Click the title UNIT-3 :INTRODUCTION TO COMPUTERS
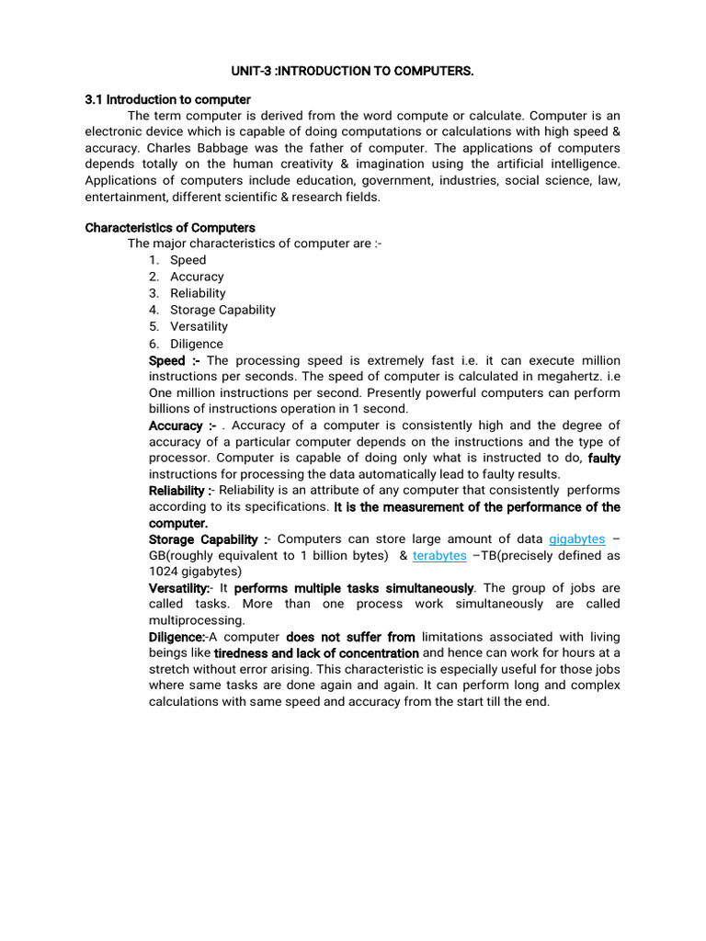point(353,71)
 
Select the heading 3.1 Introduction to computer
point(167,99)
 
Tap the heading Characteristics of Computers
point(170,227)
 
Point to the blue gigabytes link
point(576,539)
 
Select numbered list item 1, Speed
point(188,260)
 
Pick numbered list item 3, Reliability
point(198,293)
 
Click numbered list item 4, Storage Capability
point(222,310)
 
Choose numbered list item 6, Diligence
point(196,344)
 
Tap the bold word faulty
point(604,458)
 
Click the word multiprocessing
point(194,620)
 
